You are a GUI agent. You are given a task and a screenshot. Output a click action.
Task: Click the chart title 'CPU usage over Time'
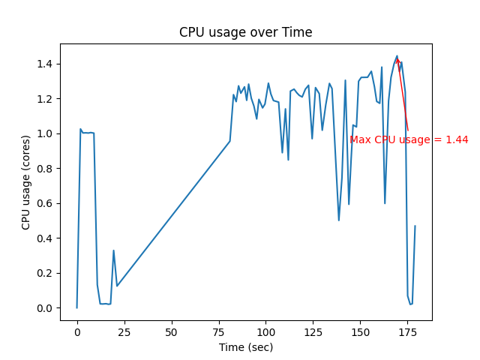tap(245, 32)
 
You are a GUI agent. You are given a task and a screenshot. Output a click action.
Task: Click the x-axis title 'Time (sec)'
tap(245, 347)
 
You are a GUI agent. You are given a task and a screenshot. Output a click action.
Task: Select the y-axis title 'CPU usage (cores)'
tap(26, 182)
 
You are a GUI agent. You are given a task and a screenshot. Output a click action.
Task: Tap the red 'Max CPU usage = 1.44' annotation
tap(409, 139)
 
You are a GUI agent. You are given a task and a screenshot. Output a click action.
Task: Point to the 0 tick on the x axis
tap(77, 331)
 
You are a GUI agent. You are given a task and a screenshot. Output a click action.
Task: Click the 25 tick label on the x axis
tap(124, 331)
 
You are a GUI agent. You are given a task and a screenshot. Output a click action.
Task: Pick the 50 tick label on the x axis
tap(172, 331)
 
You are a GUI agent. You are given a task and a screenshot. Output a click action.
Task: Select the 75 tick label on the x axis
tap(219, 331)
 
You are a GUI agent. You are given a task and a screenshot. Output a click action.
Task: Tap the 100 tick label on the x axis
tap(266, 331)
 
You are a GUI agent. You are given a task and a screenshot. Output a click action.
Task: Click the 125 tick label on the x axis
tap(313, 331)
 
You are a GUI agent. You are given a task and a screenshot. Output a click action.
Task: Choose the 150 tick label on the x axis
tap(361, 331)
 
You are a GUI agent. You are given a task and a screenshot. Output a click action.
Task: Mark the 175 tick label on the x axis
tap(408, 331)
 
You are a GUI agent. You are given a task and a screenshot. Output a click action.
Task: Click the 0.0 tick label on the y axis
tap(46, 308)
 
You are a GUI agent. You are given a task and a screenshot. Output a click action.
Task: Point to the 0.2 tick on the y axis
tap(46, 273)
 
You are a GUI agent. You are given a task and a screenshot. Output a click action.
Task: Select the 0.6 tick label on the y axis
tap(46, 203)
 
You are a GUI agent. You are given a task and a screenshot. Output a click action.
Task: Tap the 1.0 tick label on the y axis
tap(46, 133)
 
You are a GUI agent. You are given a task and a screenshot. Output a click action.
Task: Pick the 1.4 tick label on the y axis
tap(46, 64)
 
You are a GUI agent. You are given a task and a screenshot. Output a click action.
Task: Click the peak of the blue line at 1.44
tap(397, 55)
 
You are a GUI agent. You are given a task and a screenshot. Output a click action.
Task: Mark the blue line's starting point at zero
tap(77, 307)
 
